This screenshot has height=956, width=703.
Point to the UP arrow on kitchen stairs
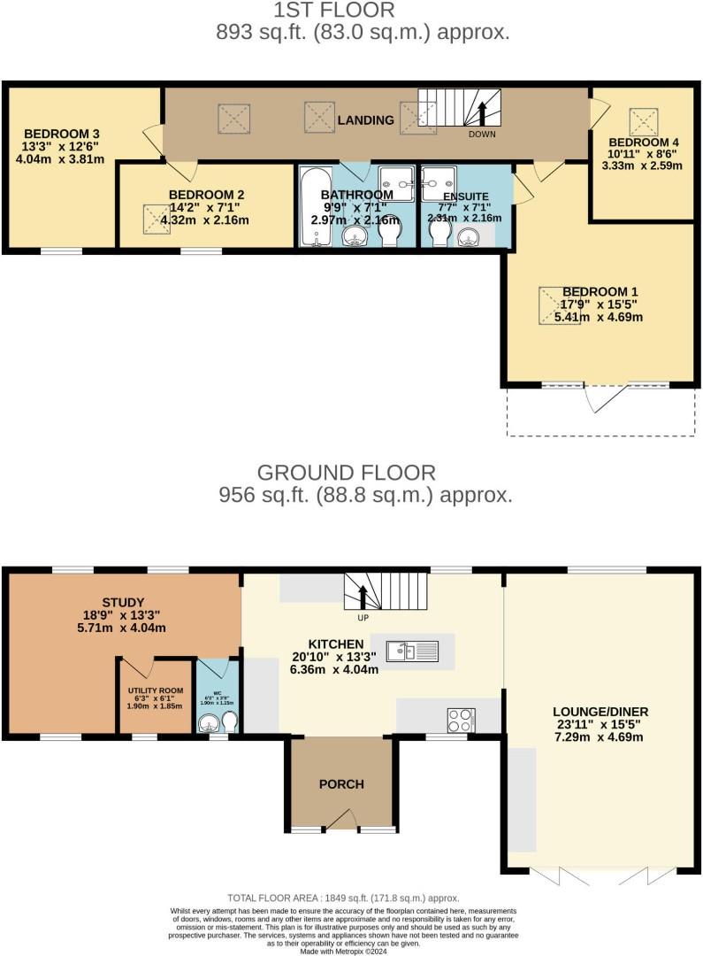click(363, 597)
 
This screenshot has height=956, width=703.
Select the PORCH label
click(341, 784)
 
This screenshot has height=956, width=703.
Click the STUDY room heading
click(123, 603)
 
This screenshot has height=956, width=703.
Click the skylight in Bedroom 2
click(157, 218)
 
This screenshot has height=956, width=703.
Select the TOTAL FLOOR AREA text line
click(343, 898)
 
